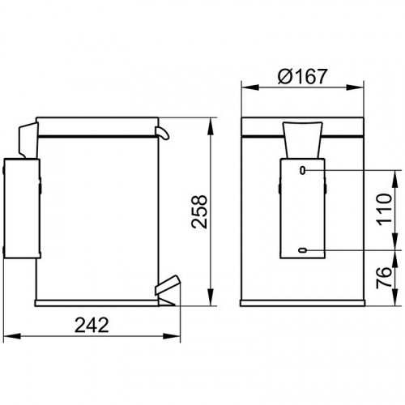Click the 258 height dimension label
point(199,211)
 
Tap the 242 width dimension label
point(92,325)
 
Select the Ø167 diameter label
point(302,76)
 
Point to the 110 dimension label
point(384,208)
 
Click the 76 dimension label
point(384,277)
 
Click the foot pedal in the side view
point(167,286)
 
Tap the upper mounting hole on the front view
point(303,170)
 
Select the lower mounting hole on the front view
point(303,250)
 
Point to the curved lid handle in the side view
point(162,133)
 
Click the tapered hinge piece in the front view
point(302,140)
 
